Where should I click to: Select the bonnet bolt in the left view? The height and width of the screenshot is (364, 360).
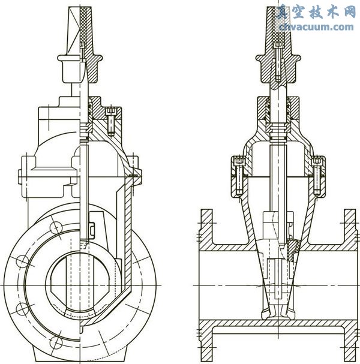pyautogui.click(x=110, y=120)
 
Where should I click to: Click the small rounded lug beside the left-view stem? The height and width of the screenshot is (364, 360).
pyautogui.click(x=92, y=228)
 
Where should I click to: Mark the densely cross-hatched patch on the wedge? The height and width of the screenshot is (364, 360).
pyautogui.click(x=292, y=248)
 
